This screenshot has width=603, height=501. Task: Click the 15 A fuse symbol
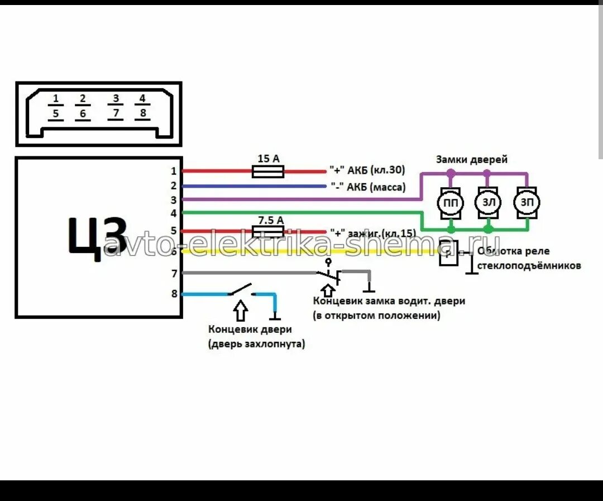268,171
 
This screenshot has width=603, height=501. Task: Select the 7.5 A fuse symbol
268,231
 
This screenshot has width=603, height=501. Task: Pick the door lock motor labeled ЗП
527,202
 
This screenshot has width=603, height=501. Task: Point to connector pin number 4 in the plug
142,99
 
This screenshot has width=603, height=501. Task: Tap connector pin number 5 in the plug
55,114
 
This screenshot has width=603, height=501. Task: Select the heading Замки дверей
472,160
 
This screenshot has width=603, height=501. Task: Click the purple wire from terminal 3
301,199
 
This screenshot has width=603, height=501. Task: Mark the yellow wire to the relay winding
307,251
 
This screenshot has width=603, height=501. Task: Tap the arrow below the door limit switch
240,309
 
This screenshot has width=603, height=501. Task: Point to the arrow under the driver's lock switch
328,289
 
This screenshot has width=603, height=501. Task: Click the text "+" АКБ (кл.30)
367,170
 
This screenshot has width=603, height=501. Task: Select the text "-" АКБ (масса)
368,187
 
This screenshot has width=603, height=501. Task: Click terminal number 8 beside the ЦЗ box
174,293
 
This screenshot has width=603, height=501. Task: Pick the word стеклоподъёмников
529,266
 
